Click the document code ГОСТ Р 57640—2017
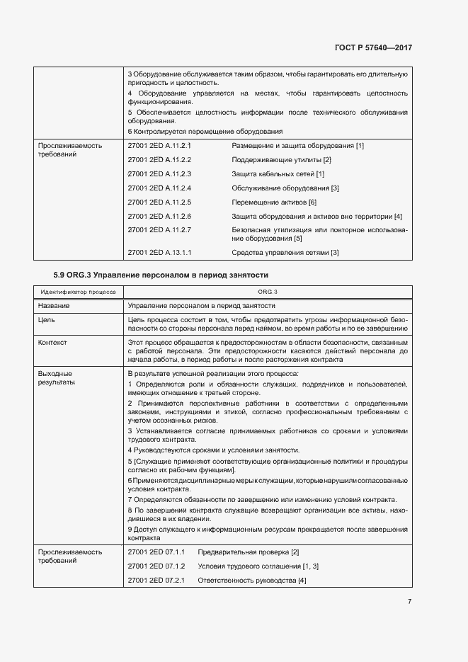pyautogui.click(x=372, y=47)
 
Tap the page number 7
pyautogui.click(x=409, y=602)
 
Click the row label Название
pyautogui.click(x=54, y=306)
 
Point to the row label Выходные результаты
pyautogui.click(x=57, y=377)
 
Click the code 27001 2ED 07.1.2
pyautogui.click(x=156, y=566)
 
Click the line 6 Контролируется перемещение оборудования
pyautogui.click(x=205, y=131)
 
